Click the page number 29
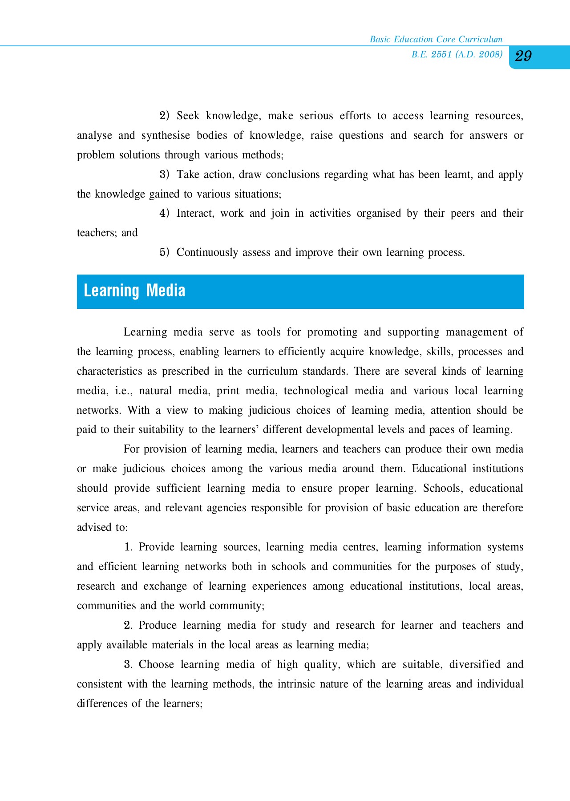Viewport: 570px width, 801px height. click(523, 56)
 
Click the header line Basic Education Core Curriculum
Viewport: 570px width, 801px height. click(436, 39)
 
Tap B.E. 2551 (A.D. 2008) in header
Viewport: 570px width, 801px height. click(457, 54)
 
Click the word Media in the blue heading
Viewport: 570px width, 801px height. click(166, 291)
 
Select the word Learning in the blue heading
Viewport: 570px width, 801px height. click(111, 291)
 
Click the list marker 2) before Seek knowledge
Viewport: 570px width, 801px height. click(165, 116)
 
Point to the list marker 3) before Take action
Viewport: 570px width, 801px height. click(165, 174)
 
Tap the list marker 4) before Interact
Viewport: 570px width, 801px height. click(165, 213)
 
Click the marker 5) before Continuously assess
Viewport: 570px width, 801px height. click(165, 252)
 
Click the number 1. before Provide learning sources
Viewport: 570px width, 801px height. click(128, 547)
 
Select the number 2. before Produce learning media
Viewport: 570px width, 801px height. click(128, 625)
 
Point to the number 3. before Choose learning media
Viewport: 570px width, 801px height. click(128, 664)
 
